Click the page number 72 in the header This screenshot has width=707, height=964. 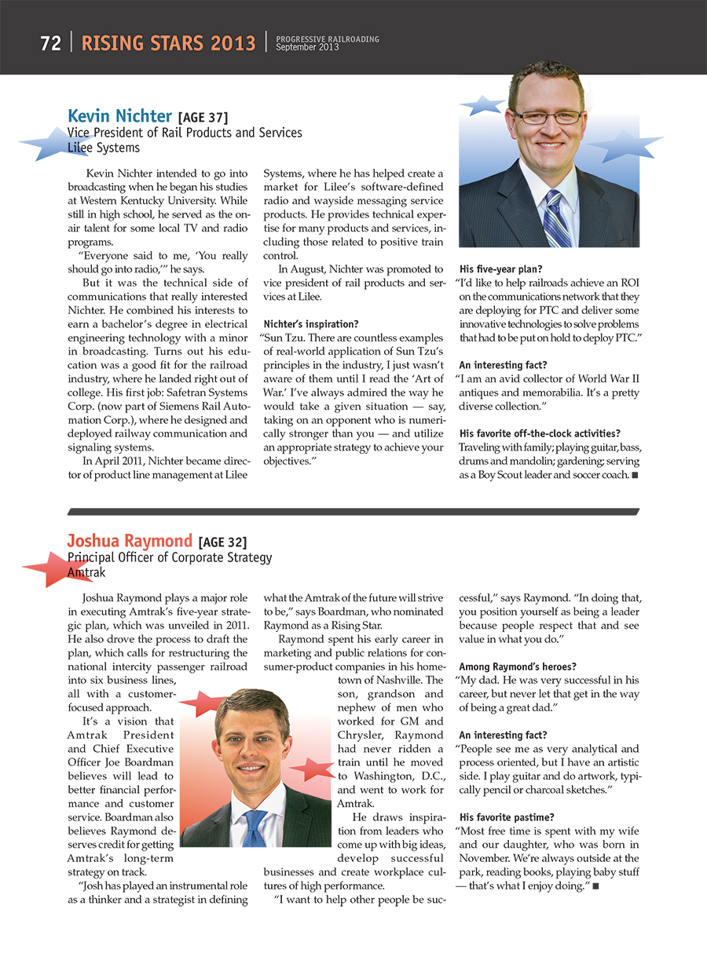(51, 43)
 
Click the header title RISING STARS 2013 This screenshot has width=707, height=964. (169, 43)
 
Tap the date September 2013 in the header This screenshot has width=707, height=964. (307, 48)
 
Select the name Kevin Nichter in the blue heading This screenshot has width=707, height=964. (119, 117)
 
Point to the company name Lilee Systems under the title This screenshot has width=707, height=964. (104, 148)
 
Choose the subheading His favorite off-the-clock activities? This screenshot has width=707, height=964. (540, 433)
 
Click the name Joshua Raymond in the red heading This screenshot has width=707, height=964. (130, 540)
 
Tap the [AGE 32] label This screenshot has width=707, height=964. (223, 542)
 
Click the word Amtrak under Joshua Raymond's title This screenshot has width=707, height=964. (86, 573)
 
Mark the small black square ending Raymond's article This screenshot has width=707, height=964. (596, 886)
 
